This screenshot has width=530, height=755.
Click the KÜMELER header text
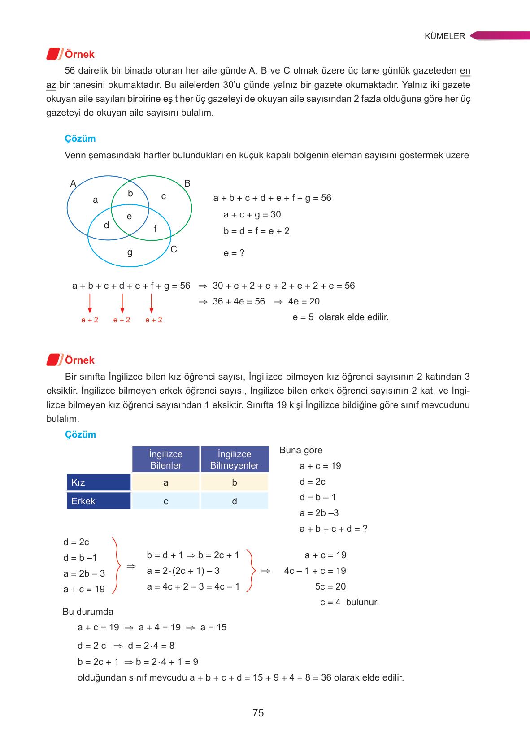pos(445,36)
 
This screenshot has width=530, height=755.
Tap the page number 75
pos(258,712)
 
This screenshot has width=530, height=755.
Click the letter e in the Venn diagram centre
pos(129,217)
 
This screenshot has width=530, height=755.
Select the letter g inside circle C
pos(130,252)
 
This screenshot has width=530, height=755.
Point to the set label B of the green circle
pos(187,183)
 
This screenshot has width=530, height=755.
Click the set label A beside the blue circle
pos(73,183)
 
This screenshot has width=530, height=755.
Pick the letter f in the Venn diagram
pos(155,229)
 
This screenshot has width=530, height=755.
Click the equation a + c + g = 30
pos(252,214)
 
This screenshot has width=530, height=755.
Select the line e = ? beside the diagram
pos(234,253)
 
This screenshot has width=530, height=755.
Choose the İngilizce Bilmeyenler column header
pos(235,460)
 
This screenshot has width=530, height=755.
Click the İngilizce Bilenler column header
pos(166,460)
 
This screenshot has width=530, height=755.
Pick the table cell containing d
pos(235,501)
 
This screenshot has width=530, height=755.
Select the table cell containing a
pos(166,482)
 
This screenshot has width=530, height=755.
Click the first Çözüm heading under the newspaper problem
pos(80,139)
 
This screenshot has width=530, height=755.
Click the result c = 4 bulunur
pos(349,602)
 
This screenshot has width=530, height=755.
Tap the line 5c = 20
pos(330,586)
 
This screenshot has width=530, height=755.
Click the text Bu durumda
pos(88,612)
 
